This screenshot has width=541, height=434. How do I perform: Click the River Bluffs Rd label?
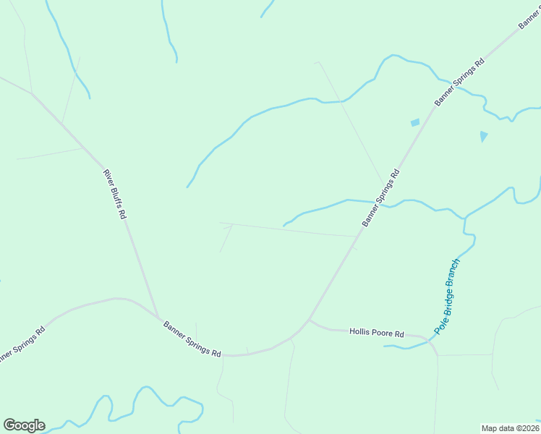(x=115, y=194)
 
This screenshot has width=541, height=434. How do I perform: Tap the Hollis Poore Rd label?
(x=376, y=333)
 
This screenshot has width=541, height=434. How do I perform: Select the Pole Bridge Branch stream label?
(x=448, y=295)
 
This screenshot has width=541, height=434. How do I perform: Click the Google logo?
(x=24, y=425)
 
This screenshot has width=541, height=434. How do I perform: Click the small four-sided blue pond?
(x=415, y=123)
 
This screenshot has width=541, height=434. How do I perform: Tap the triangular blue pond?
(x=483, y=135)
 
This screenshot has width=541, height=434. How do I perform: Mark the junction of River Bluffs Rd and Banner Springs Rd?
(x=158, y=318)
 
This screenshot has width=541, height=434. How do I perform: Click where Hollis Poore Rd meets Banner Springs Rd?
(x=309, y=319)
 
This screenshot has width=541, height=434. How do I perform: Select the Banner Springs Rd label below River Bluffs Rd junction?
(x=192, y=339)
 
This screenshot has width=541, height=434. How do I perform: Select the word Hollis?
(x=359, y=332)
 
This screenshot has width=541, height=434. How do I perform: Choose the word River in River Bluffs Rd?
(x=108, y=178)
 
